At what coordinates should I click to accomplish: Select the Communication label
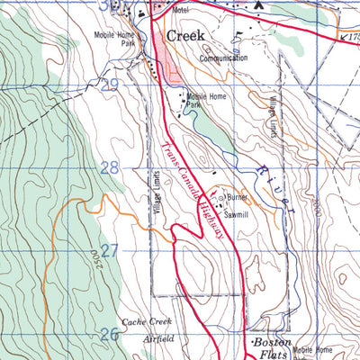(x=224, y=58)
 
